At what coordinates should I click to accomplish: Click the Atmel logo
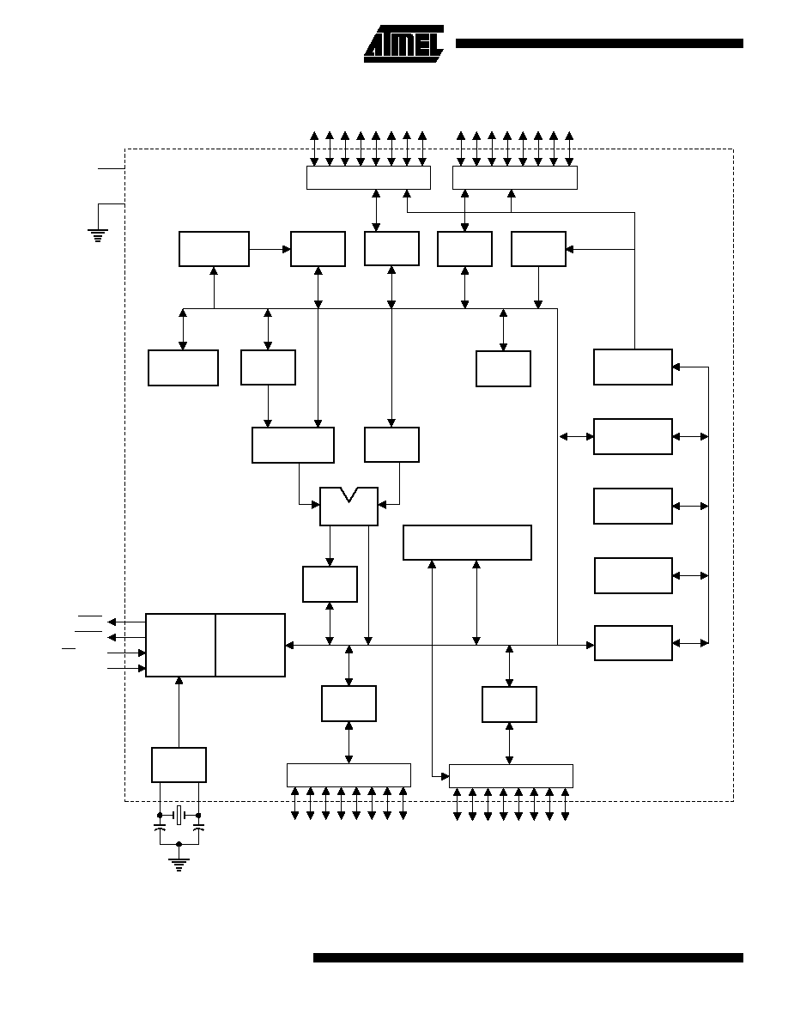click(x=403, y=44)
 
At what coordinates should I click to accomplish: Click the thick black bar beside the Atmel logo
click(x=599, y=44)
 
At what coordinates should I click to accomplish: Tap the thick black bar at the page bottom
click(x=528, y=957)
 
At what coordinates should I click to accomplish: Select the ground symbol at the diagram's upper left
click(x=98, y=235)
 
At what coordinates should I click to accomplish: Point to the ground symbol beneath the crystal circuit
click(x=179, y=865)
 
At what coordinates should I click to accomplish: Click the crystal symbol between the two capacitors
click(x=179, y=815)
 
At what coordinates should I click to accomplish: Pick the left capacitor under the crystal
click(x=160, y=828)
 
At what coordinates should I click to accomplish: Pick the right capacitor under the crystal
click(x=198, y=828)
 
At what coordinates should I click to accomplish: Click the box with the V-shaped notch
click(x=349, y=507)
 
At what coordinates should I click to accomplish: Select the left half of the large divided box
click(x=180, y=646)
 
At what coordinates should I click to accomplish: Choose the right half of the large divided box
click(x=251, y=646)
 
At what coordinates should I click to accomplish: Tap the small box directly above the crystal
click(x=179, y=765)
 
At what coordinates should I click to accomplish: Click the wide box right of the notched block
click(x=467, y=543)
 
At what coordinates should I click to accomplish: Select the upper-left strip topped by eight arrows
click(x=368, y=178)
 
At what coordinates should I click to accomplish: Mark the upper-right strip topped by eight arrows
click(x=515, y=178)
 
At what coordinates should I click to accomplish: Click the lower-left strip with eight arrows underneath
click(x=349, y=775)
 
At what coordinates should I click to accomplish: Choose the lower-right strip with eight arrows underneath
click(x=511, y=776)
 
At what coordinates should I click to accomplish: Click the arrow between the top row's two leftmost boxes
click(x=270, y=249)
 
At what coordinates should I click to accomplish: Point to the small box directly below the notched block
click(x=330, y=584)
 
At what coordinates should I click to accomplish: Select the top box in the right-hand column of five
click(x=633, y=367)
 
